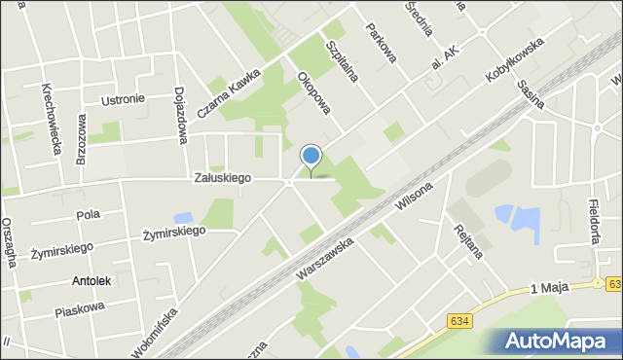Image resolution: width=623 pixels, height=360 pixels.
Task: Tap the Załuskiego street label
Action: [x=223, y=178]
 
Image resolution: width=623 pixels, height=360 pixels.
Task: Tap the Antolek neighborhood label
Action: [x=92, y=280]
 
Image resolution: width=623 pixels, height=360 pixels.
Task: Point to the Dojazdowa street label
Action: [x=181, y=115]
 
